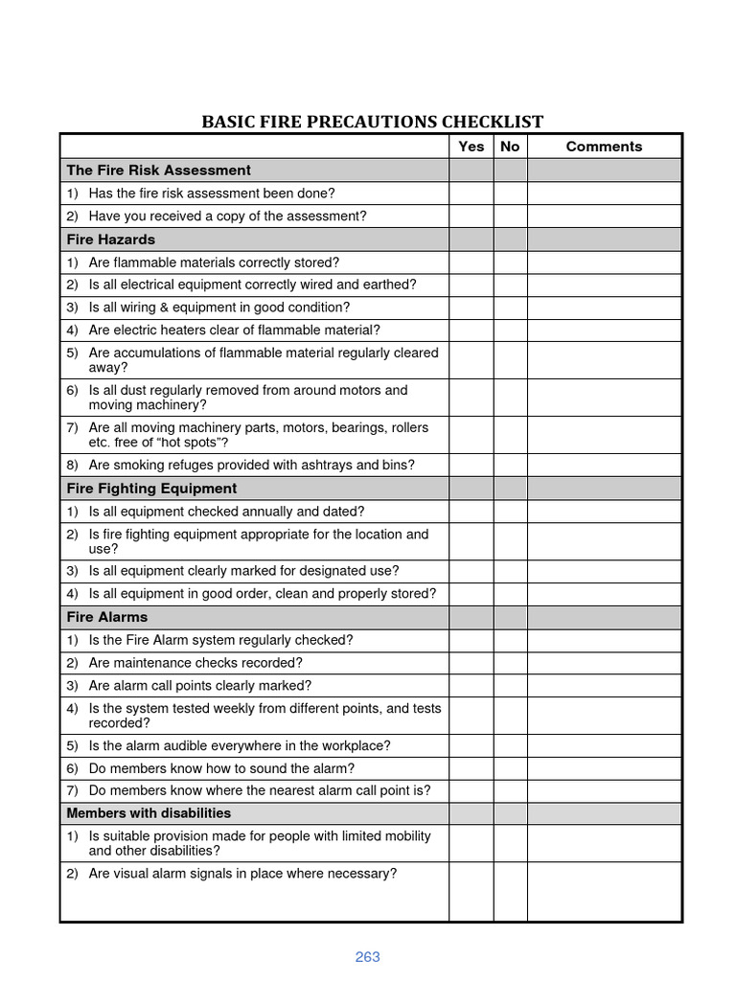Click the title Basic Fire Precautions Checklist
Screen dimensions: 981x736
(x=372, y=122)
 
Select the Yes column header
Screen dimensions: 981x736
(x=471, y=147)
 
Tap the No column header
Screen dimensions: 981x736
(x=510, y=147)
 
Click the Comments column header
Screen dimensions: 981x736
(x=604, y=147)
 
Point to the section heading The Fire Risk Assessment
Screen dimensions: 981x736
(x=158, y=171)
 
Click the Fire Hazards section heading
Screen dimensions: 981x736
(x=110, y=240)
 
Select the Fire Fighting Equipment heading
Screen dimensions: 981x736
(x=151, y=489)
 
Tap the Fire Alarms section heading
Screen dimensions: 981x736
(x=106, y=617)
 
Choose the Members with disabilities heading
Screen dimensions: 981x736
(x=149, y=813)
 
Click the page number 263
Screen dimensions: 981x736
(x=367, y=957)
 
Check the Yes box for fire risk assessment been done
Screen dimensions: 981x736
(x=471, y=194)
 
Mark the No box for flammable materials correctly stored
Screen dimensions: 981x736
(x=510, y=262)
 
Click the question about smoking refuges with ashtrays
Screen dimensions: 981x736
(x=251, y=466)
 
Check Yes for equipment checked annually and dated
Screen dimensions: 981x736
(x=471, y=512)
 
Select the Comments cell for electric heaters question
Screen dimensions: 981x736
(x=604, y=331)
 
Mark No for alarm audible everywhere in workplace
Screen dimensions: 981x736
(x=510, y=745)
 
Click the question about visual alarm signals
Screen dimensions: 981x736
(x=241, y=874)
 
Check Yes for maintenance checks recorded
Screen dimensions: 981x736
(x=471, y=663)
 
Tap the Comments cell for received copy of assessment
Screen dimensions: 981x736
(x=604, y=217)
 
